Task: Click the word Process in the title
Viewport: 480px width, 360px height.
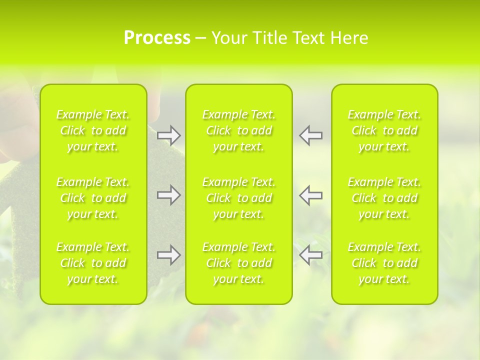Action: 157,38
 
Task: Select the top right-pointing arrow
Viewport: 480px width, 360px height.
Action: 168,135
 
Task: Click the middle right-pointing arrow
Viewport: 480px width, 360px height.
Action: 168,195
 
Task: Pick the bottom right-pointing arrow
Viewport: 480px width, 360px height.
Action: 168,255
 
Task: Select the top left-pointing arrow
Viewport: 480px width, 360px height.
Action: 311,135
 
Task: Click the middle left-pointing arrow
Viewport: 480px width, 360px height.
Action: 311,195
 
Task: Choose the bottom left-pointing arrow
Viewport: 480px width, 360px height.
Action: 311,255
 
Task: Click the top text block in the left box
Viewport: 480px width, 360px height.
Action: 93,130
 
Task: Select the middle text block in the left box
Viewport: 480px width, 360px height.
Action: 93,198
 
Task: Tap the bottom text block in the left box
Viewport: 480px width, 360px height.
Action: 93,263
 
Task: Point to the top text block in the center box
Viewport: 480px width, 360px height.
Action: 239,130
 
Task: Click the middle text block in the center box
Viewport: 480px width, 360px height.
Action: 239,198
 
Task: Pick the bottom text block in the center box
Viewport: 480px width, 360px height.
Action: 239,263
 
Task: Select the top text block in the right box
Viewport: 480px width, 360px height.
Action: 384,130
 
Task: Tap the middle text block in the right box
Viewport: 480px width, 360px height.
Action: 384,198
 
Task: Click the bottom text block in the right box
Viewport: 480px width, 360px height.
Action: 384,263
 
